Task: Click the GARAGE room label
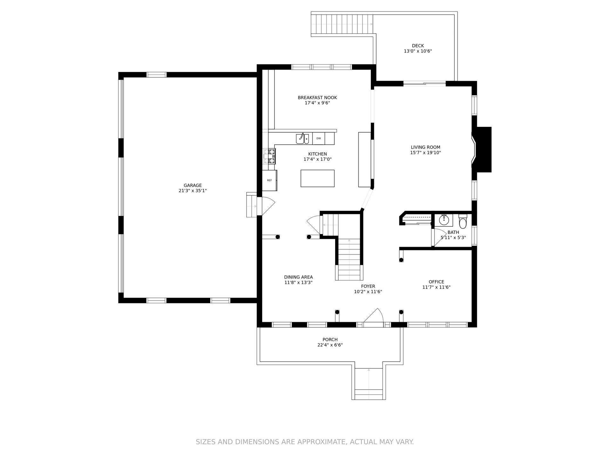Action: [193, 185]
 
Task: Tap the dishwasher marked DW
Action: [319, 138]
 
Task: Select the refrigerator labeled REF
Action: [269, 180]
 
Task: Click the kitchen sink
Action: [302, 139]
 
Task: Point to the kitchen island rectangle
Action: [317, 178]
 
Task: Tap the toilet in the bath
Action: [463, 222]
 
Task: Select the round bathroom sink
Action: [444, 219]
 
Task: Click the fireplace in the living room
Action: [481, 149]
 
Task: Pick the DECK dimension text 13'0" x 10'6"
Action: [418, 51]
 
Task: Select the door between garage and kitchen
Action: [266, 206]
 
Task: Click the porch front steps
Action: [369, 383]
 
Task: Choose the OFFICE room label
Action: [436, 282]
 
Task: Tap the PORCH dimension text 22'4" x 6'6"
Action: [330, 345]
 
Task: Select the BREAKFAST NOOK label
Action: [317, 98]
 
